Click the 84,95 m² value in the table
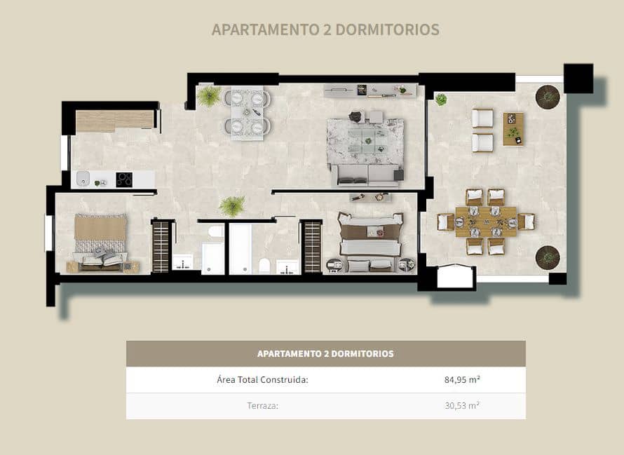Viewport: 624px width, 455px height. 462,380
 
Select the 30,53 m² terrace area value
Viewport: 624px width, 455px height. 462,406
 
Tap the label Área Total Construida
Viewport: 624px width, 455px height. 263,380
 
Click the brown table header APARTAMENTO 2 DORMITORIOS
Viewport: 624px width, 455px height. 325,354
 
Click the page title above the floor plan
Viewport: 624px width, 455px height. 325,29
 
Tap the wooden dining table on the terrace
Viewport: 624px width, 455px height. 485,221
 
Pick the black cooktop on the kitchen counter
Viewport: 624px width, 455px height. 124,179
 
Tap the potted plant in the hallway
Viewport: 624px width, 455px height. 231,205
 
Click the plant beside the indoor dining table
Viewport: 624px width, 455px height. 209,96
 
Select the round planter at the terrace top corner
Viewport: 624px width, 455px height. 547,96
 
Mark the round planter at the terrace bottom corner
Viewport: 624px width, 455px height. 547,257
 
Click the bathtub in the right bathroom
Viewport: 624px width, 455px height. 240,249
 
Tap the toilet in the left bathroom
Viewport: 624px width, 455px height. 215,231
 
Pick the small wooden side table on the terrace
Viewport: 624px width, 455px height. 513,128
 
